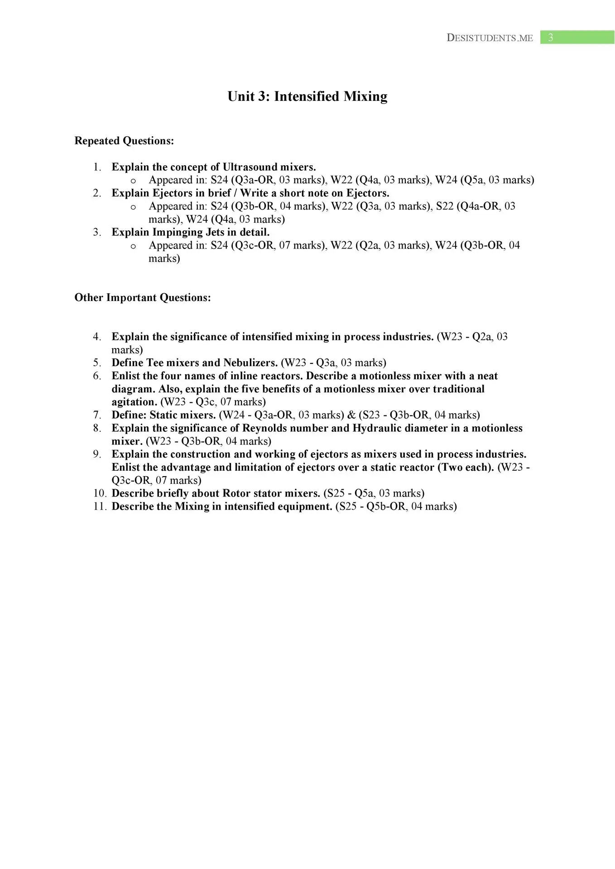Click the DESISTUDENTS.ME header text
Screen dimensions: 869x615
click(490, 38)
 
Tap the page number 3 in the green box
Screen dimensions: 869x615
click(550, 38)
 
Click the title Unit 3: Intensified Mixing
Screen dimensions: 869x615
click(307, 96)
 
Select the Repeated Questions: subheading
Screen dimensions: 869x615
click(124, 141)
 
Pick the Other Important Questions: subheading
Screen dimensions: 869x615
click(143, 297)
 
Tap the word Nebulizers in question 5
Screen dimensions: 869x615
click(250, 363)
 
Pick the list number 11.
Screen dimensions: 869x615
click(100, 506)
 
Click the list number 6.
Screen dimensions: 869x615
click(97, 376)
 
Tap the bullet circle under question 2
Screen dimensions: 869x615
click(133, 207)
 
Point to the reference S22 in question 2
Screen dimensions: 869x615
click(445, 206)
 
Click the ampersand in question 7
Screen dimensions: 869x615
click(351, 415)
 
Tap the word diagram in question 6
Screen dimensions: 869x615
click(133, 389)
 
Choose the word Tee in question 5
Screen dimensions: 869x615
click(155, 363)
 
